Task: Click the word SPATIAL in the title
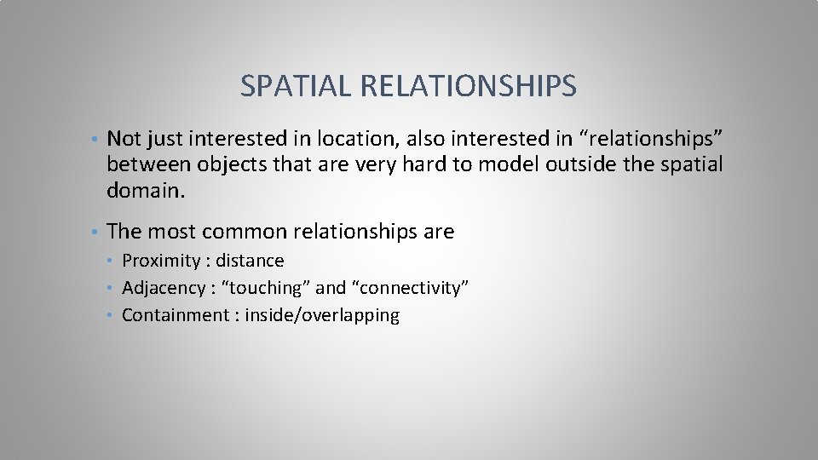[x=295, y=86]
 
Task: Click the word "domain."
[x=145, y=192]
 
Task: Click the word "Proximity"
[x=160, y=261]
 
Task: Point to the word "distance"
[x=250, y=261]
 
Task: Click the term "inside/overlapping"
[x=322, y=315]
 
